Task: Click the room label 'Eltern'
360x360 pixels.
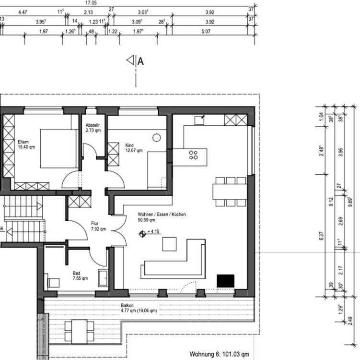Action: (x=23, y=142)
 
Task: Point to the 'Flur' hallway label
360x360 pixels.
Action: (x=95, y=223)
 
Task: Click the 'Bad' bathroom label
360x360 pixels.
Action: (x=76, y=273)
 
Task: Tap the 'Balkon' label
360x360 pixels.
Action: (x=127, y=305)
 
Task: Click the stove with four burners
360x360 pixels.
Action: (x=194, y=155)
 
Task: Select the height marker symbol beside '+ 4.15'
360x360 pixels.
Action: (x=142, y=234)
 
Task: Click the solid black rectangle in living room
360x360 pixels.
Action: (x=226, y=281)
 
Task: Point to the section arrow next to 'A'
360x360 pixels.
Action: (x=130, y=60)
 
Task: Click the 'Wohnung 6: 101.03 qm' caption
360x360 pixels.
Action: (x=220, y=354)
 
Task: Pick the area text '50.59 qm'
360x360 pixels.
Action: (x=146, y=220)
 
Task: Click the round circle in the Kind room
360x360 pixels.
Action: (x=156, y=138)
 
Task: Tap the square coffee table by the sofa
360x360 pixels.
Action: (x=169, y=244)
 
